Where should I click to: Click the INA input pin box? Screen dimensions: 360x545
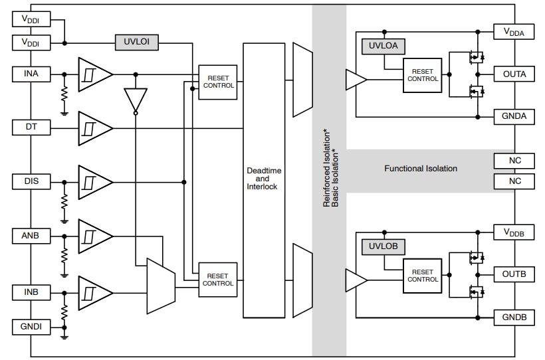(x=31, y=74)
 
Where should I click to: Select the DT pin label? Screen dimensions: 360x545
(x=31, y=127)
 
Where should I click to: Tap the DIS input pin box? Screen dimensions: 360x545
(x=31, y=181)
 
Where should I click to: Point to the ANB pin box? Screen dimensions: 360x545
(x=31, y=235)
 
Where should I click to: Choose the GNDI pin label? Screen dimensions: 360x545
(x=31, y=327)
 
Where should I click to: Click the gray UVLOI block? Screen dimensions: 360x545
(x=136, y=43)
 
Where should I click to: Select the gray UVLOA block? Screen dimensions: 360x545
(x=383, y=46)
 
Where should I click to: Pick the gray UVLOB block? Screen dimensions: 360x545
(x=383, y=246)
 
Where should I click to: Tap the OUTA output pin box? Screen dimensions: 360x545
(x=514, y=74)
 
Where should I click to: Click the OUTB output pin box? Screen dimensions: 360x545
(x=514, y=274)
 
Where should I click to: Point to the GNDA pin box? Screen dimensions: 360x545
(x=514, y=116)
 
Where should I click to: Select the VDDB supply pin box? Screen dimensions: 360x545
(x=514, y=232)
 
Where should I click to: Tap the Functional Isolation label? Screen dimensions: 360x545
(x=421, y=169)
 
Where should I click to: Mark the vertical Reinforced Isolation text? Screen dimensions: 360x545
(x=326, y=169)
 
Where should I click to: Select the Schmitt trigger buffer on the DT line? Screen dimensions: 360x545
(x=92, y=128)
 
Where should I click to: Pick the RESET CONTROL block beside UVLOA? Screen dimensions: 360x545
(x=422, y=75)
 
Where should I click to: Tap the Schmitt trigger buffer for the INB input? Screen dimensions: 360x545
(x=92, y=292)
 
